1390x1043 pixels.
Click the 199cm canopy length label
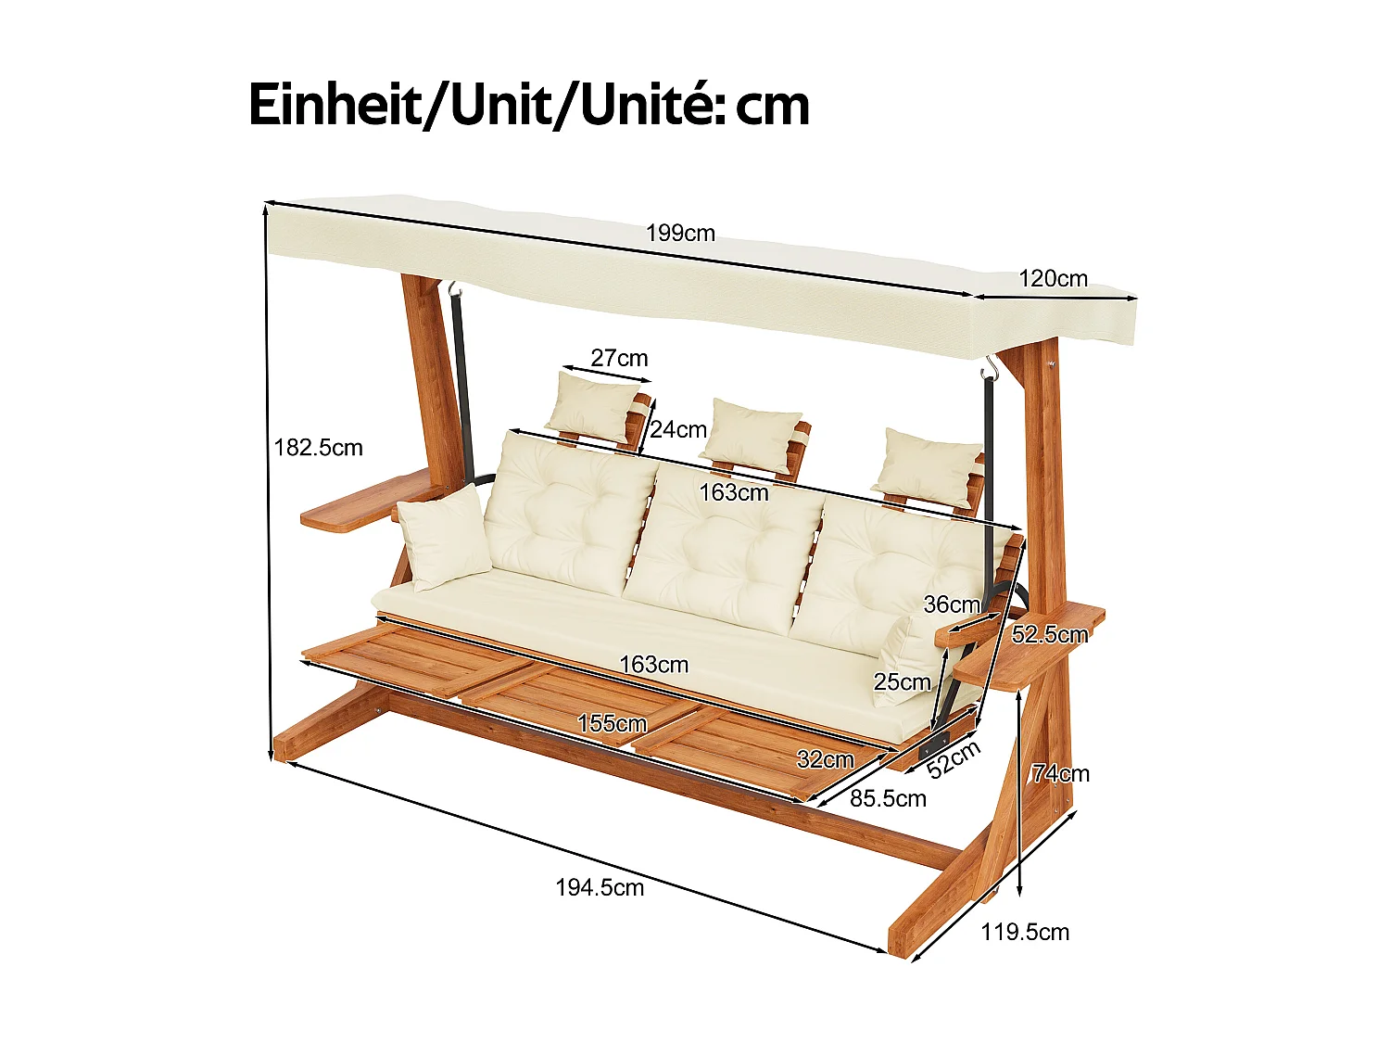(680, 233)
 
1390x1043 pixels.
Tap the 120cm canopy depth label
(1053, 278)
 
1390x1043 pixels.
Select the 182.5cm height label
(318, 448)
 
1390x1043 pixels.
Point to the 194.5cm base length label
(600, 887)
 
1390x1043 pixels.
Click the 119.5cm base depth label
(1025, 932)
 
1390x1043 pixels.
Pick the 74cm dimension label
(1061, 773)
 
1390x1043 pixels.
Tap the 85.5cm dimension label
(888, 798)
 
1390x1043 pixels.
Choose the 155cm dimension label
(612, 723)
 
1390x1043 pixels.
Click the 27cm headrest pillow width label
(619, 358)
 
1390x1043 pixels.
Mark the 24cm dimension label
(677, 429)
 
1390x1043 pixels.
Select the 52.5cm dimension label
(1049, 635)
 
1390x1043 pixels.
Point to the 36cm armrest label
(952, 604)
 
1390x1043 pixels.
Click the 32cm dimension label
(825, 759)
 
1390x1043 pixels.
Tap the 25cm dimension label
(902, 682)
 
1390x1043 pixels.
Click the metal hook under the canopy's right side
(991, 368)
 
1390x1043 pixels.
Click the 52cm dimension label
(954, 759)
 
